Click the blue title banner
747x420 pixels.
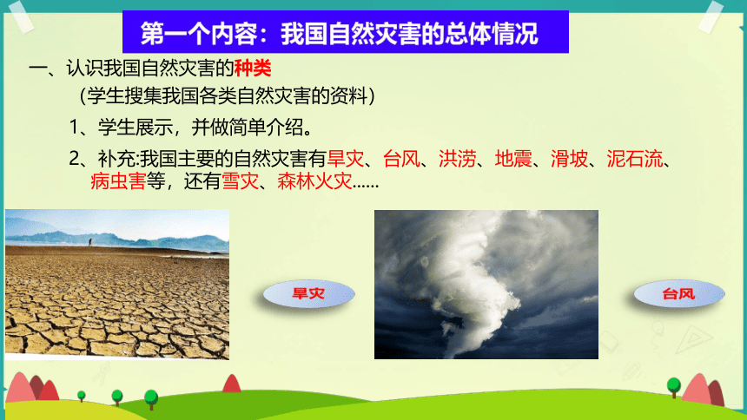point(346,31)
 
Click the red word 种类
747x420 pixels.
point(253,68)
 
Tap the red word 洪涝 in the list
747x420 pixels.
point(458,159)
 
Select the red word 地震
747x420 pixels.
point(513,159)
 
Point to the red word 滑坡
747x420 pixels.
point(569,159)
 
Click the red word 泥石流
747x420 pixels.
point(635,159)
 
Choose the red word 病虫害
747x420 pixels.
point(118,181)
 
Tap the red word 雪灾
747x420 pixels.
point(240,181)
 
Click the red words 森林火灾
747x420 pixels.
point(314,181)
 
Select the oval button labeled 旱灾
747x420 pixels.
point(308,293)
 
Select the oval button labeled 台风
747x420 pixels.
point(679,294)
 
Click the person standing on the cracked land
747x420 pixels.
point(89,242)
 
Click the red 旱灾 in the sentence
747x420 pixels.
point(346,159)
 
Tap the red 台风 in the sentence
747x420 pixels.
point(401,159)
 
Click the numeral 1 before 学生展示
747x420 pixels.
point(75,128)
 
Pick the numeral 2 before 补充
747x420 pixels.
point(75,159)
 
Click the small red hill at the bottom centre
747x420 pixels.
point(232,384)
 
